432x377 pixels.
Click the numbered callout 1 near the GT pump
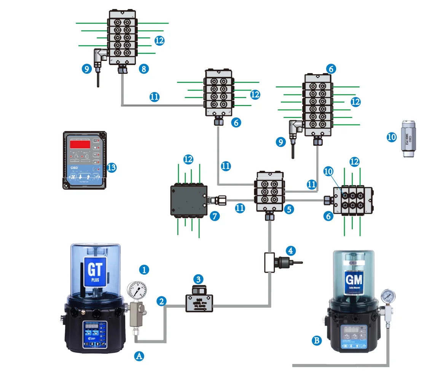click(144, 270)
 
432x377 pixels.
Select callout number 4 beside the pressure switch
click(290, 251)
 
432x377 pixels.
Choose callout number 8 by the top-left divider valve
click(143, 68)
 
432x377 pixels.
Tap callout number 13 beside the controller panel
click(112, 167)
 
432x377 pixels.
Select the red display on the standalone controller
click(80, 144)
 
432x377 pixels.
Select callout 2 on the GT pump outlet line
click(162, 301)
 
